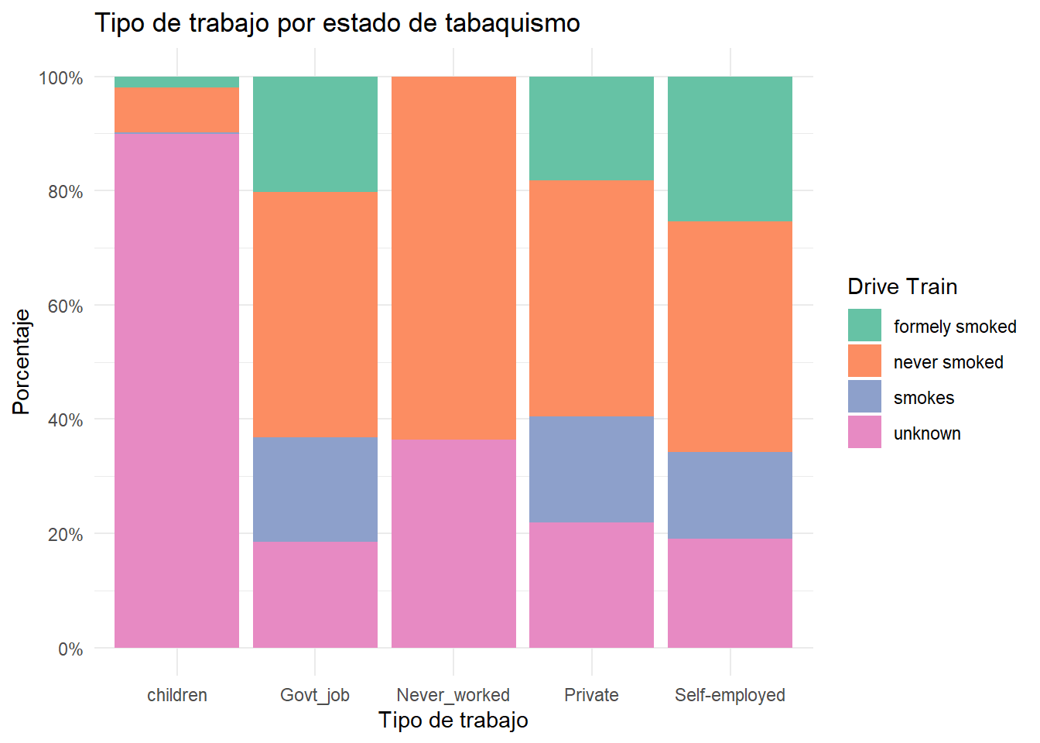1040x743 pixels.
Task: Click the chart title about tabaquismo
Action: (x=337, y=23)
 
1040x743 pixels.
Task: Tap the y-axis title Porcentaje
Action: (x=22, y=361)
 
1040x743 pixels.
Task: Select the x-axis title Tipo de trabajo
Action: (x=453, y=721)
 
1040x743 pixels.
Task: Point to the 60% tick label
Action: (x=65, y=306)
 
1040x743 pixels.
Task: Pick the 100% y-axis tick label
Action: (x=61, y=78)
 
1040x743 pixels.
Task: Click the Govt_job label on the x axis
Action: (x=315, y=695)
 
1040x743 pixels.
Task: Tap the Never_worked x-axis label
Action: (x=453, y=695)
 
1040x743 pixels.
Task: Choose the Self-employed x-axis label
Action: (x=730, y=695)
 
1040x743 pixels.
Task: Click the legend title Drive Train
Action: (x=902, y=286)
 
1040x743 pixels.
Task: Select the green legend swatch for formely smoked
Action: (x=864, y=325)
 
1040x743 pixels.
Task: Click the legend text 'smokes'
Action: (x=924, y=398)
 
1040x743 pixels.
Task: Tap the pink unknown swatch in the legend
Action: (x=864, y=432)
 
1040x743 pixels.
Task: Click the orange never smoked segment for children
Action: (x=176, y=110)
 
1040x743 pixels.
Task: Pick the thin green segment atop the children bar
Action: (x=176, y=82)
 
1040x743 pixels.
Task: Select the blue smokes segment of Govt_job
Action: (x=315, y=489)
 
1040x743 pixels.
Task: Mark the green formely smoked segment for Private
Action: (x=591, y=128)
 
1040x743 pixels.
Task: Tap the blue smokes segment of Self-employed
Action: (x=730, y=495)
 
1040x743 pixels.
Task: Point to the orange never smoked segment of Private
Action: (x=591, y=298)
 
